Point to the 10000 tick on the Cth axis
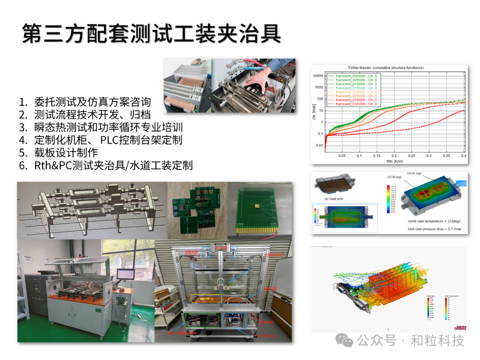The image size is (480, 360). tap(317, 76)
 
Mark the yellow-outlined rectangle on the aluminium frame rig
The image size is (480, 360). tap(206, 299)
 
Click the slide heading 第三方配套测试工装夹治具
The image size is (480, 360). tap(151, 34)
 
